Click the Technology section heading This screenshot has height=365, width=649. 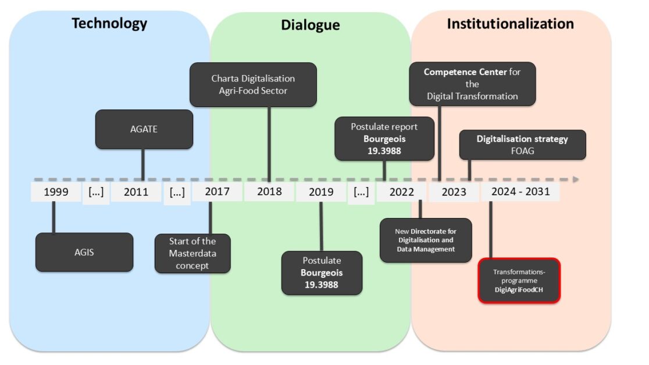(109, 24)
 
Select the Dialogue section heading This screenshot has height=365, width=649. (310, 25)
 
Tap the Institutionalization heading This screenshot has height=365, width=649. (510, 24)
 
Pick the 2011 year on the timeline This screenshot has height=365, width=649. (136, 192)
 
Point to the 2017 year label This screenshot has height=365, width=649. (217, 192)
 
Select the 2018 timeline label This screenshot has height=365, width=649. (269, 192)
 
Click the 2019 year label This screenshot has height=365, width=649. (321, 192)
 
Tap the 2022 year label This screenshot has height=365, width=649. (402, 192)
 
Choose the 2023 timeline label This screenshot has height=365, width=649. (454, 192)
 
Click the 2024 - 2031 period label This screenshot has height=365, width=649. (520, 192)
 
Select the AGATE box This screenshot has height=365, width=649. (144, 129)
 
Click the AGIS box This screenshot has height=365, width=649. (84, 252)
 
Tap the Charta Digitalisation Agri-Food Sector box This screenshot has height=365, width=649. (253, 84)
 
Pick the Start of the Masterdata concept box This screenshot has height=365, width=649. (192, 253)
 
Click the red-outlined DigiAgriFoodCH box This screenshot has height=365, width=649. (519, 281)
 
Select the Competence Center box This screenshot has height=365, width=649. (472, 84)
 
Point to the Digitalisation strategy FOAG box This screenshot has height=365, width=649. (522, 144)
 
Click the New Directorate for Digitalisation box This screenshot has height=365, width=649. (426, 240)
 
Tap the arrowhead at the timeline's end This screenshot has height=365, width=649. (575, 179)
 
